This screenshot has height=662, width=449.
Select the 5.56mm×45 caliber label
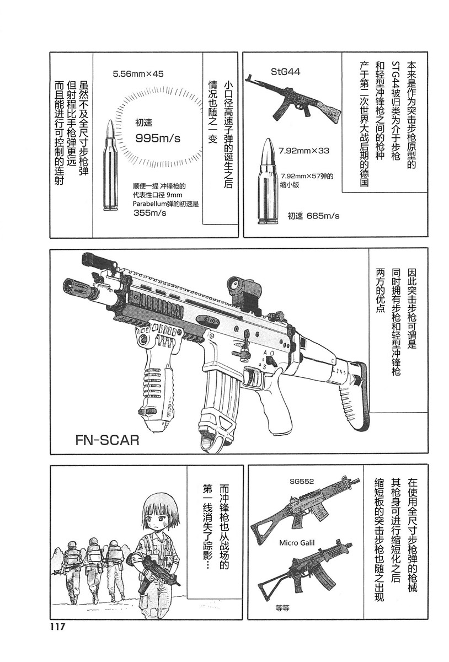point(138,73)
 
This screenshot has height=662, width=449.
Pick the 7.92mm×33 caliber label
point(304,150)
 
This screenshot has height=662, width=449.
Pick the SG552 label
point(301,481)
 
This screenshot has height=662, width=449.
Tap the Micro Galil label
point(296,543)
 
